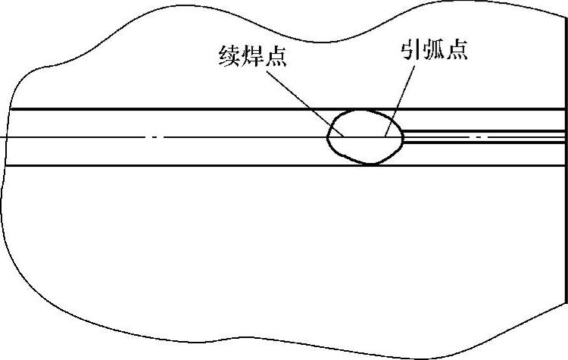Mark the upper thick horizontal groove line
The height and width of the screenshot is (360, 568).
tap(189, 108)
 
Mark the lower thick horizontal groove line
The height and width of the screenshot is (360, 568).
tap(189, 165)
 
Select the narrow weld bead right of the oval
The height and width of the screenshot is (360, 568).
tap(485, 137)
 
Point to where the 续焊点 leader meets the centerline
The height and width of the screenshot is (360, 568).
tap(345, 137)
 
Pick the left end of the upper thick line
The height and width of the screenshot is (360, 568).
tap(11, 108)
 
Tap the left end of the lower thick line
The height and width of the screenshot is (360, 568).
tap(8, 165)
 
